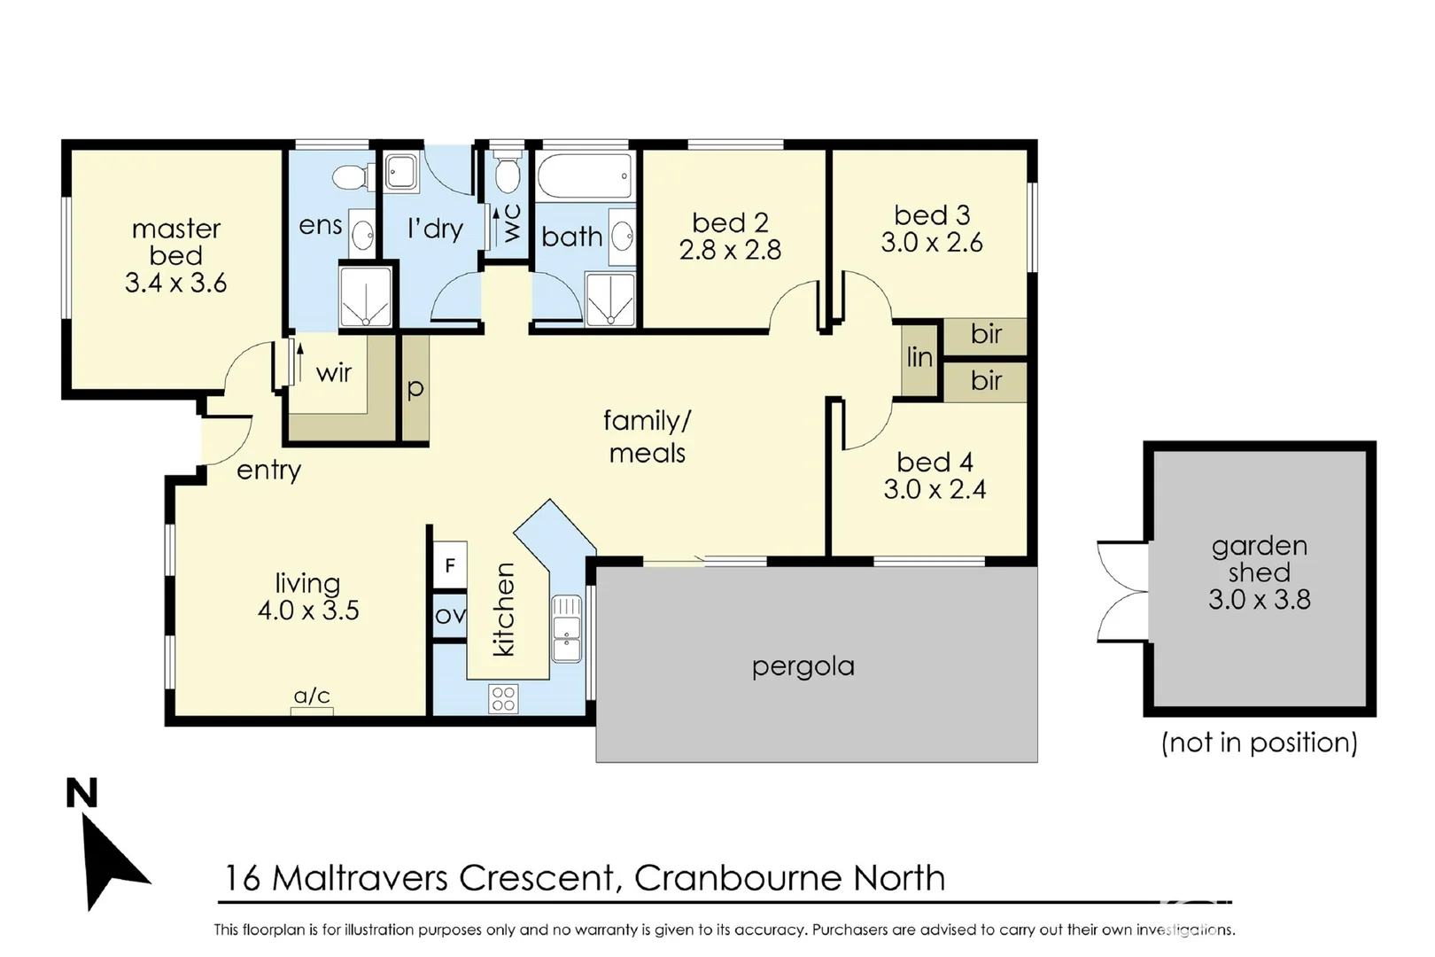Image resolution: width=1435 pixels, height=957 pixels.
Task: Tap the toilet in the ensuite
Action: [352, 176]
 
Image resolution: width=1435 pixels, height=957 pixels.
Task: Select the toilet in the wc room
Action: [508, 174]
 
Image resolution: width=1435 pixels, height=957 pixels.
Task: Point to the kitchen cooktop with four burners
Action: [503, 698]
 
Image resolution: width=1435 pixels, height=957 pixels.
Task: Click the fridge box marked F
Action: [450, 565]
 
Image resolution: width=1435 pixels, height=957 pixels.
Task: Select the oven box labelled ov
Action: [450, 614]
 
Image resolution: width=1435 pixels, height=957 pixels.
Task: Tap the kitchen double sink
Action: [567, 628]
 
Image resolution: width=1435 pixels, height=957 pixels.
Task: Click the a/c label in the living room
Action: [312, 696]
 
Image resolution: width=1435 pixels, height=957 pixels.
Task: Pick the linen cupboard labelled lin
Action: [919, 357]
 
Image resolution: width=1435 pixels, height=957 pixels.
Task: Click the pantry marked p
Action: [415, 388]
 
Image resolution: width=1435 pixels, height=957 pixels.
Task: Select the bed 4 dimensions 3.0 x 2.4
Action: [935, 489]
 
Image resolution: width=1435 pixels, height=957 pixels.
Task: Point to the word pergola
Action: [803, 666]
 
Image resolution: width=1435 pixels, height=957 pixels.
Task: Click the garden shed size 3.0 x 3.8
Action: [1259, 600]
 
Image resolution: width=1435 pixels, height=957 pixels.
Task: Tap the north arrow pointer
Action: [110, 860]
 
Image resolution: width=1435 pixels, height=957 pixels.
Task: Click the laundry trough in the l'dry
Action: [401, 172]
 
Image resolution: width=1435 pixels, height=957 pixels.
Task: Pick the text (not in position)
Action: [1259, 742]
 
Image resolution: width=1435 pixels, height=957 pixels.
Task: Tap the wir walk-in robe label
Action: [334, 373]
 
